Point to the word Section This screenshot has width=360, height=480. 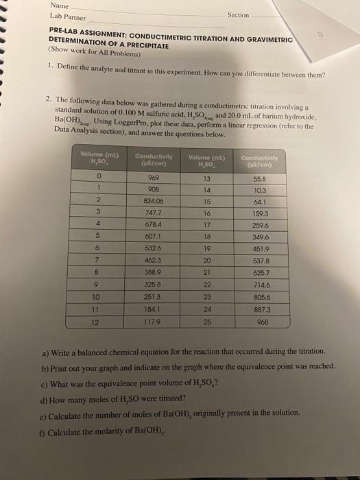tap(238, 14)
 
